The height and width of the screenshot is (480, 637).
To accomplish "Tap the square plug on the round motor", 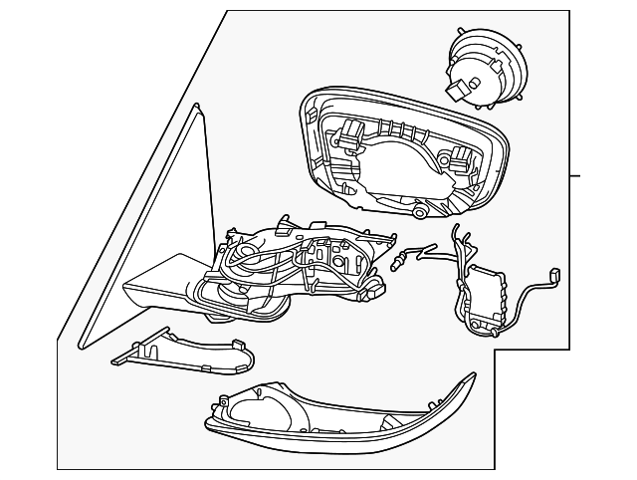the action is click(457, 93).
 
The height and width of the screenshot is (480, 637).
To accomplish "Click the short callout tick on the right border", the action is click(574, 175).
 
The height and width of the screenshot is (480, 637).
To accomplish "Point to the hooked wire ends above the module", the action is click(457, 235).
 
